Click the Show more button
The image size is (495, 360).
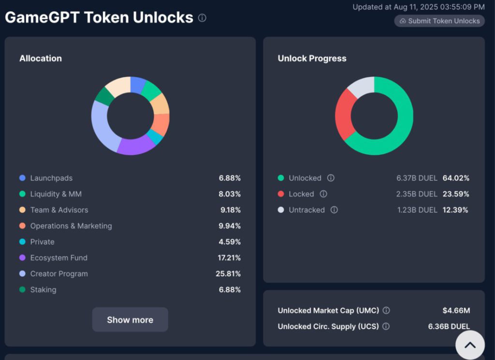130,319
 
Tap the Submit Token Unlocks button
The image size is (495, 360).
439,21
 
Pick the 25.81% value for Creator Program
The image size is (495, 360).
228,274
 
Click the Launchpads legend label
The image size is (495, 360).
51,178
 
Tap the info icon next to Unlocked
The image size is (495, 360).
331,178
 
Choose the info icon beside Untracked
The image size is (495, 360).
334,210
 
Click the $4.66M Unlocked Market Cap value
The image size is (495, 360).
456,310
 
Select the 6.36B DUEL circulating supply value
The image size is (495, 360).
449,327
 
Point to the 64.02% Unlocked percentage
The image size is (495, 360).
456,178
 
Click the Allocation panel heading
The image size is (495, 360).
41,59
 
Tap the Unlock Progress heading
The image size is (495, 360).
312,59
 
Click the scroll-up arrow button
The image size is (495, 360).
470,345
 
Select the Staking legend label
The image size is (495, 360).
43,290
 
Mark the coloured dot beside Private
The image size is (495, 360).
22,242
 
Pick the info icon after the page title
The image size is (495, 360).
202,18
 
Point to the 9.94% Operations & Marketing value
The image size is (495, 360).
230,226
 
